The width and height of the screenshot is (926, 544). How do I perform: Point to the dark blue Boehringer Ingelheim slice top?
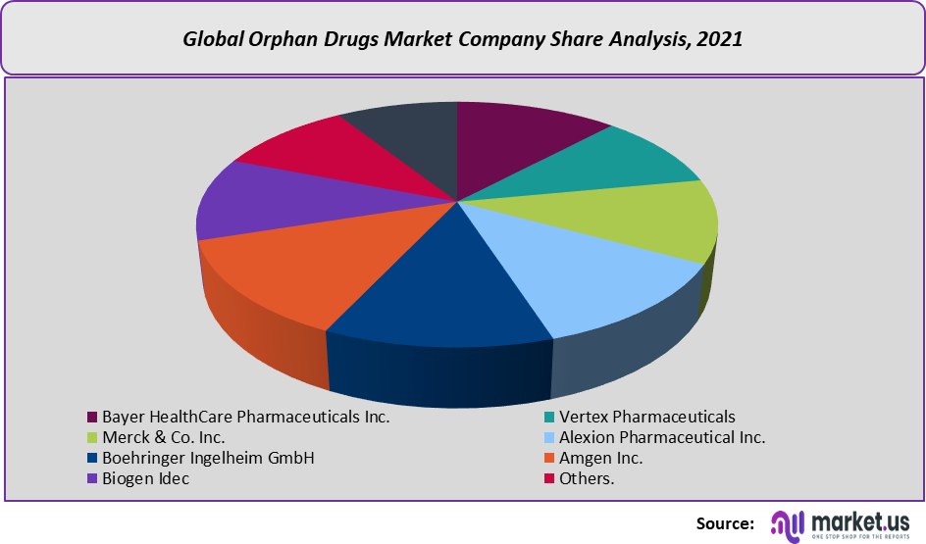click(x=441, y=294)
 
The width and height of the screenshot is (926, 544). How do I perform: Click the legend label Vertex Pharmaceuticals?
click(x=646, y=417)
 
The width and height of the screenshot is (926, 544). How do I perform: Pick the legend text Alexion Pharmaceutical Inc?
click(x=662, y=437)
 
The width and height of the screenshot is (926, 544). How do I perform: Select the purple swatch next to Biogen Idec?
click(x=92, y=479)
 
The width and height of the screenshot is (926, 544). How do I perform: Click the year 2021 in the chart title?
click(x=721, y=40)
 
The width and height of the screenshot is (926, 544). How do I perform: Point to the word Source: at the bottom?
click(x=725, y=523)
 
